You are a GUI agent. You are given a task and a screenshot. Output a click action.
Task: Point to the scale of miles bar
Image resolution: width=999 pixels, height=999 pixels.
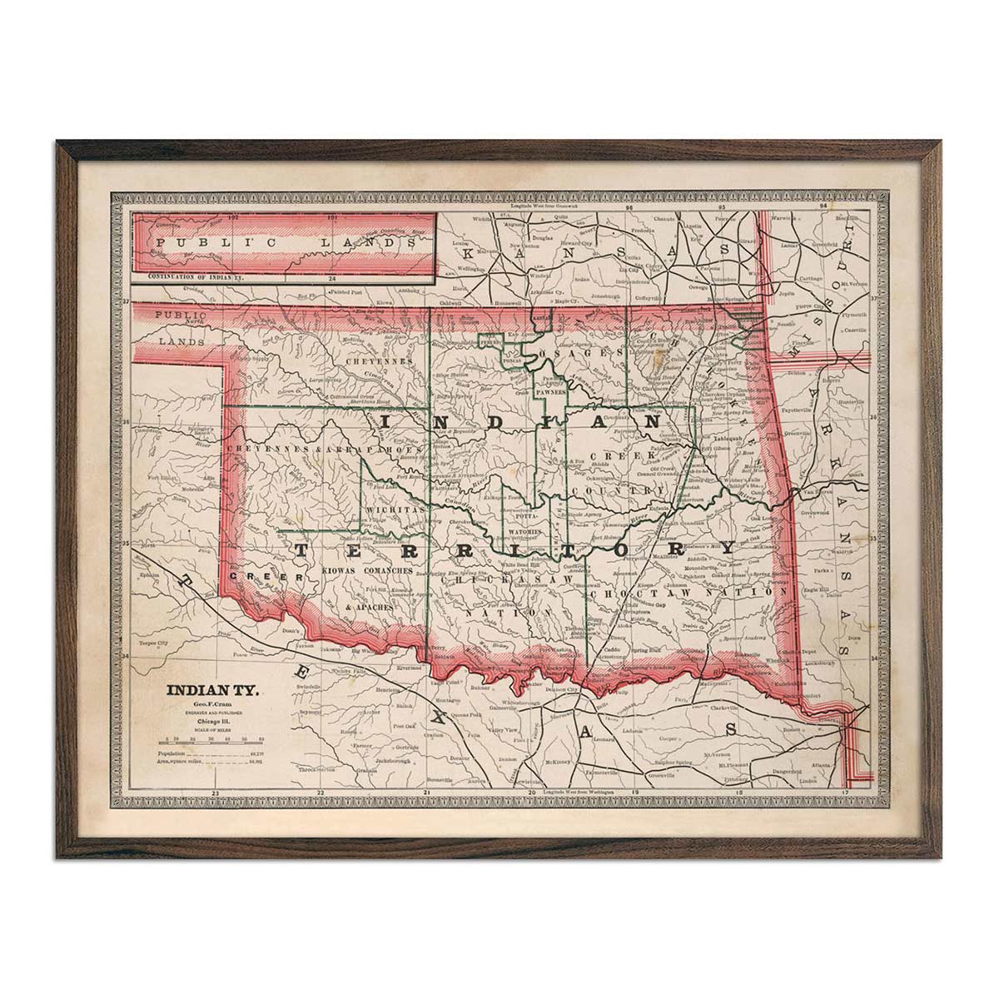[x=214, y=738]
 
